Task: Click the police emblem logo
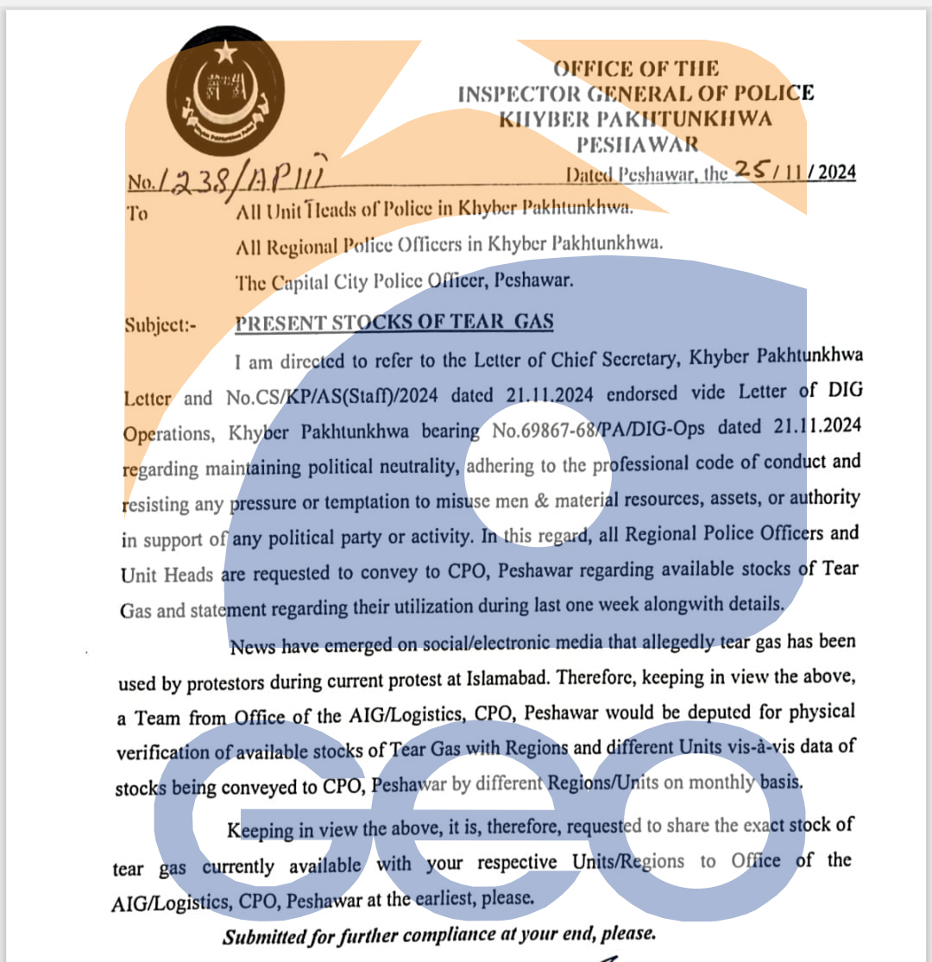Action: [225, 97]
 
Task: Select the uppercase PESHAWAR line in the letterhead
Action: [638, 144]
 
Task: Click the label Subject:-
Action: [161, 326]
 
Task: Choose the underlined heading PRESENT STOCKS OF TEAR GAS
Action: [394, 323]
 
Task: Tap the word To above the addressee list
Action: [137, 213]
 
